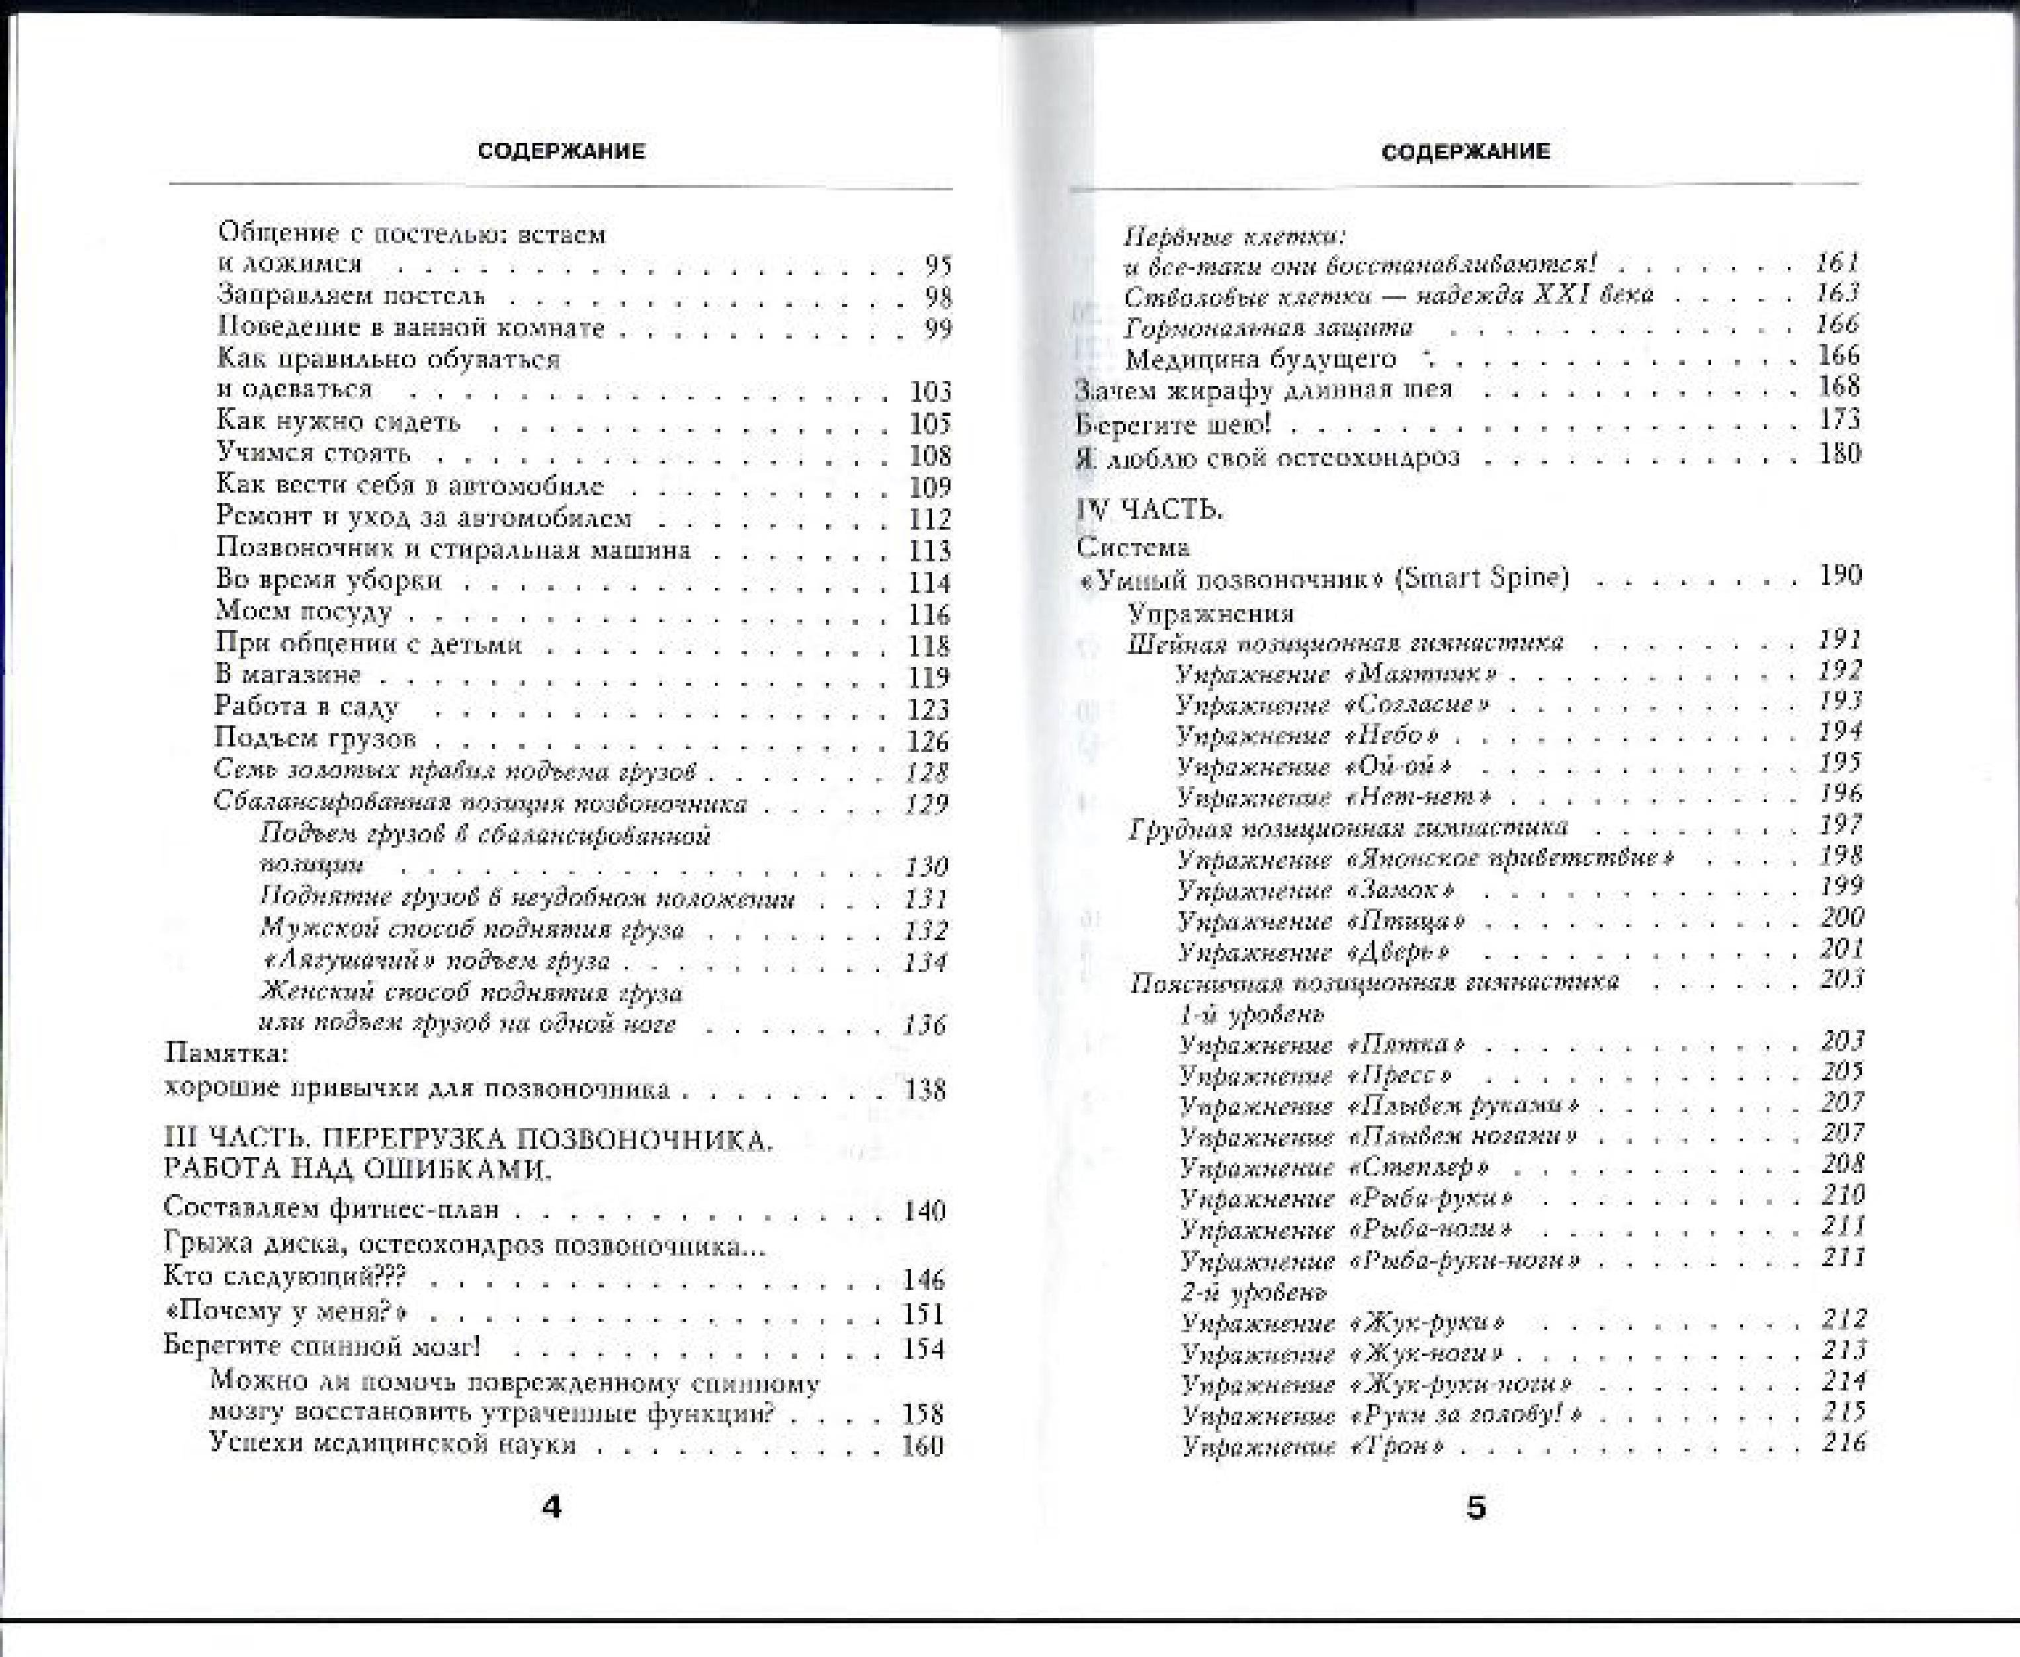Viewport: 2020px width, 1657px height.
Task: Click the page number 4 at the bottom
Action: click(x=551, y=1507)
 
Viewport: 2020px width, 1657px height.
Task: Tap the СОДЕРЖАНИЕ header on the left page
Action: click(x=562, y=151)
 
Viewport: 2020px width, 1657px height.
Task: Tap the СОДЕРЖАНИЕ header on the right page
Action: click(x=1465, y=151)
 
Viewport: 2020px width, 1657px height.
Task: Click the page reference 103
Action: click(x=930, y=391)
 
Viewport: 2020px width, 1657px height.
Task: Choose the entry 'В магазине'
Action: click(x=288, y=675)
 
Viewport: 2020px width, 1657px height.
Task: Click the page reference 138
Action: click(x=924, y=1089)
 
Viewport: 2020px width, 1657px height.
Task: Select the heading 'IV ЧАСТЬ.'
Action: click(x=1150, y=510)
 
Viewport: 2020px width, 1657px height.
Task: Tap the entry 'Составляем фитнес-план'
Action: click(x=331, y=1209)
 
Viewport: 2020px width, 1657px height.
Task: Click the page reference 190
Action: click(x=1841, y=575)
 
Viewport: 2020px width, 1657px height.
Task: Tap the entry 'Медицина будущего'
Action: click(x=1260, y=360)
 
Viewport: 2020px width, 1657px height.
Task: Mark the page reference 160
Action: click(x=922, y=1445)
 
